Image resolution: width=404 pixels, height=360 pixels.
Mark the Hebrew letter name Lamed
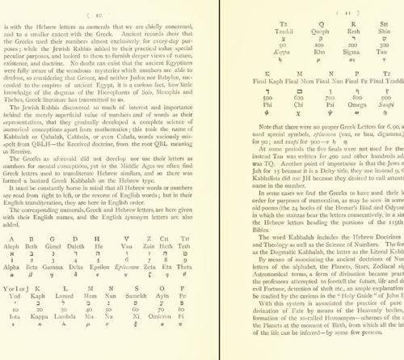pyautogui.click(x=69, y=327)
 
